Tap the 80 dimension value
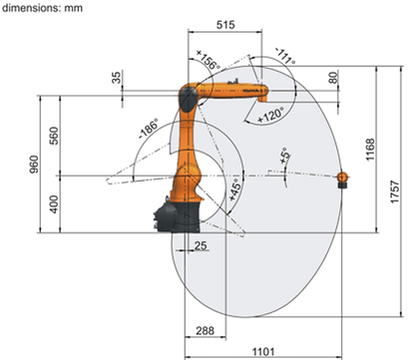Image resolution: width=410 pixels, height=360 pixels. [333, 78]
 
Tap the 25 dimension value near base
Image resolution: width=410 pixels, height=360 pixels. [201, 245]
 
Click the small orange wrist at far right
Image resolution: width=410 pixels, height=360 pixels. [343, 179]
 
